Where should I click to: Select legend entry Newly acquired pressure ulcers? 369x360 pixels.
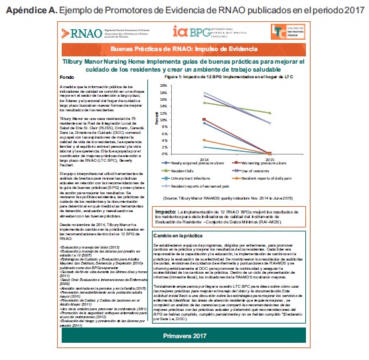(217, 162)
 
